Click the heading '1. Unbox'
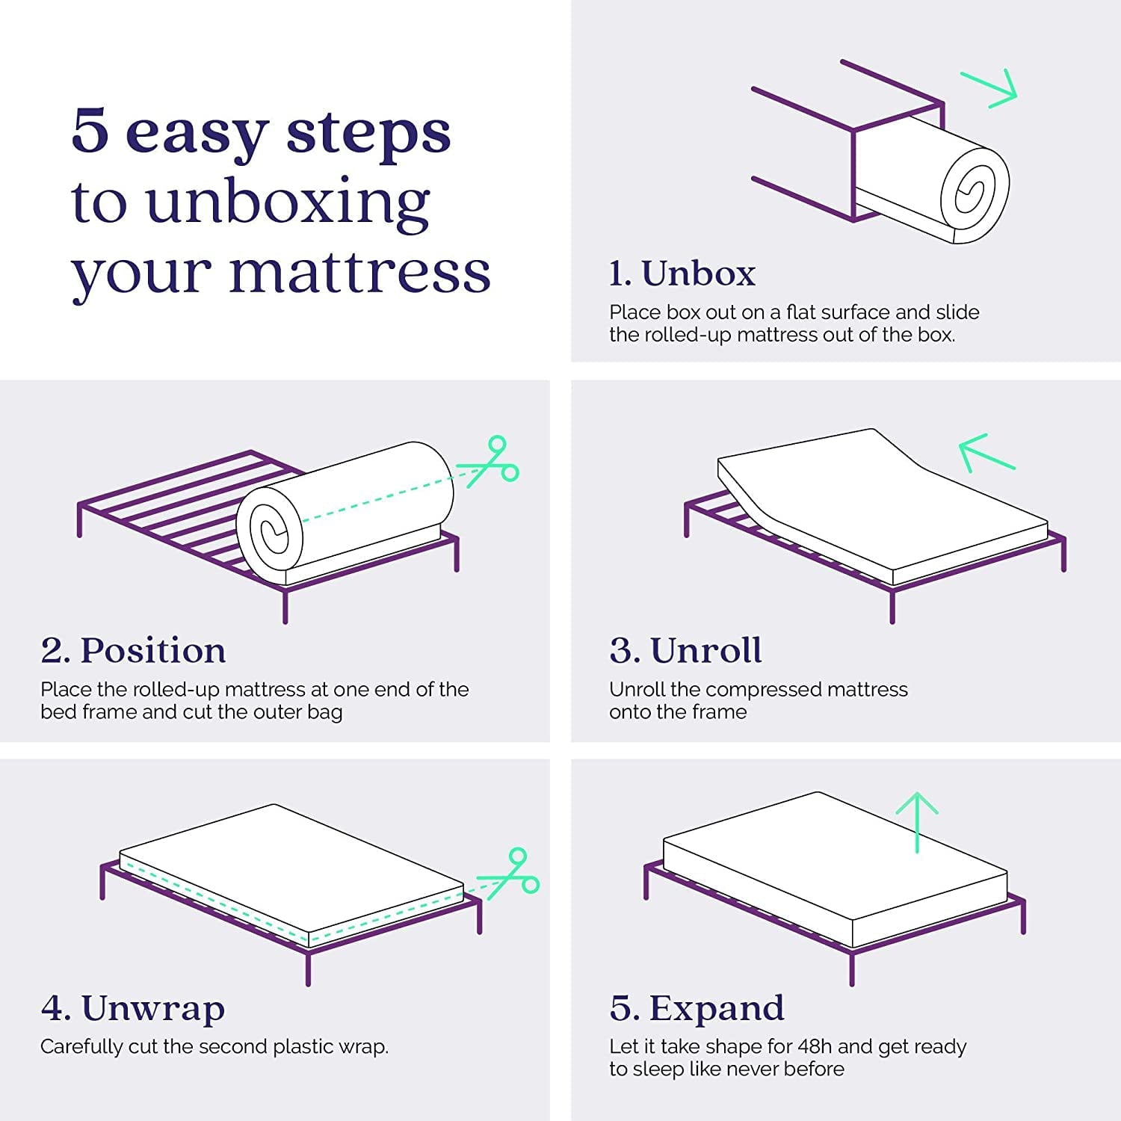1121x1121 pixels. tap(682, 274)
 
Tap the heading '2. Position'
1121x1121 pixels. tap(133, 650)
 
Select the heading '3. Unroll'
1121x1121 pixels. tap(685, 650)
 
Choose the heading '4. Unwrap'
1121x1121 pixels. tap(133, 1008)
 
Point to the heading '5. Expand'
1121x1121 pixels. tap(697, 1008)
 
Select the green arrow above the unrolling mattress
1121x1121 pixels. tap(985, 452)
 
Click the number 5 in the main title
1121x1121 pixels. tap(90, 132)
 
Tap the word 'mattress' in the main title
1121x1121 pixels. tap(359, 272)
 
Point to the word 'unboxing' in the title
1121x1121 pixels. tap(288, 203)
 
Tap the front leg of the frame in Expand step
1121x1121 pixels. tap(852, 969)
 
